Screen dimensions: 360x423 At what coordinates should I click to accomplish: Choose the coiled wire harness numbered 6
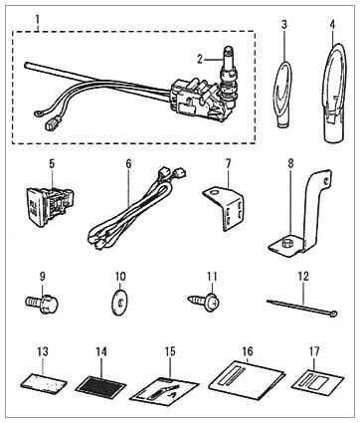tap(136, 212)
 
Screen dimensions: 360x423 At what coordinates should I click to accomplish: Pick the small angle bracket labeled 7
tap(224, 208)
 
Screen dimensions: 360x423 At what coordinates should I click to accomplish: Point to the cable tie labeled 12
tap(302, 307)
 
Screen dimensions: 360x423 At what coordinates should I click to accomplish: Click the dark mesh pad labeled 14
tap(100, 385)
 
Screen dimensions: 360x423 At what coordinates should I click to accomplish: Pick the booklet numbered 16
tap(247, 377)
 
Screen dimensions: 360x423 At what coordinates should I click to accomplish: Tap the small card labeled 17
tap(317, 381)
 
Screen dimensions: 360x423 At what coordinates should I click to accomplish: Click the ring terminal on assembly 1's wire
tap(37, 114)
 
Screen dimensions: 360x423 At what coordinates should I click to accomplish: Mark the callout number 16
tap(248, 351)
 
